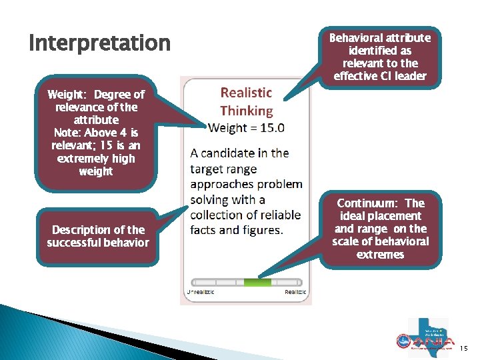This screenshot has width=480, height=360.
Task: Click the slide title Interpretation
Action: pyautogui.click(x=100, y=43)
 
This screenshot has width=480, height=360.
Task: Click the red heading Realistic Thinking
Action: pyautogui.click(x=246, y=101)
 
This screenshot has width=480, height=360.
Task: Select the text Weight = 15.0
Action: pyautogui.click(x=246, y=127)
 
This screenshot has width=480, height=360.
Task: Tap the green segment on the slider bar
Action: pyautogui.click(x=257, y=283)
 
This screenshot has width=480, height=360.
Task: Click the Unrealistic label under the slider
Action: pyautogui.click(x=201, y=293)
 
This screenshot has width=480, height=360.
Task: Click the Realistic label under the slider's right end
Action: pyautogui.click(x=295, y=293)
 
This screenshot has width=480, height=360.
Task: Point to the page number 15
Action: pyautogui.click(x=464, y=348)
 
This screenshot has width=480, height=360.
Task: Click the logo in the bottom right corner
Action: pyautogui.click(x=427, y=337)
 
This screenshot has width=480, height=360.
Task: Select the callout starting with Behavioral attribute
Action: pyautogui.click(x=379, y=57)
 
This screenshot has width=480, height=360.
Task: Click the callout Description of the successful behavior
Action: pyautogui.click(x=98, y=236)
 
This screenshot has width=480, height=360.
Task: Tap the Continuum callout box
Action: pyautogui.click(x=381, y=229)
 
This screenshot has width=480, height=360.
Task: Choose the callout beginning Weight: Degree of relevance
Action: pyautogui.click(x=96, y=133)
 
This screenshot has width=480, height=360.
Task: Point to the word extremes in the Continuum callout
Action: pyautogui.click(x=380, y=254)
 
